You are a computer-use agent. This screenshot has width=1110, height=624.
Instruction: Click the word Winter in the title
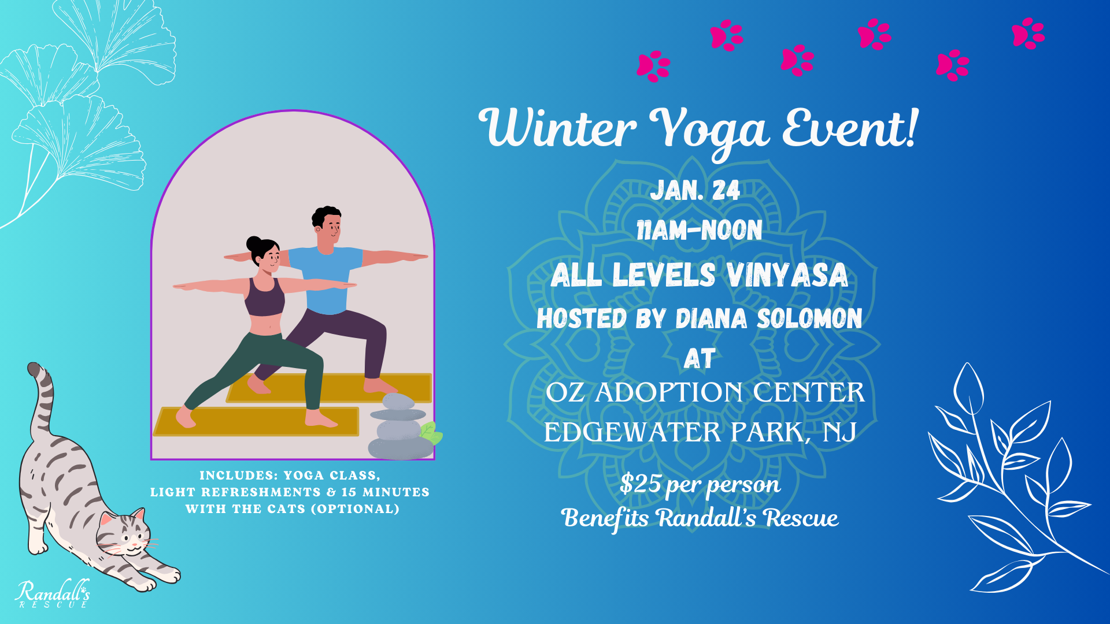coord(558,128)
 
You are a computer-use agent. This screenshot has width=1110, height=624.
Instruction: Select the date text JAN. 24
coord(695,191)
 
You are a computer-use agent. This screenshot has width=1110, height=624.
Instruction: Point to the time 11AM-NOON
coord(699,231)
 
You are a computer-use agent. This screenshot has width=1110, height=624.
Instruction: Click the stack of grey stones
coord(399,428)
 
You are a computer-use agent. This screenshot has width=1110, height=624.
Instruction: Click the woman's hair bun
coord(254,243)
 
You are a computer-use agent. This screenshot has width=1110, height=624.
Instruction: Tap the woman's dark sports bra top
coord(264,298)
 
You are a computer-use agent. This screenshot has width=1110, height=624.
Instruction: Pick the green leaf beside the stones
coord(430,432)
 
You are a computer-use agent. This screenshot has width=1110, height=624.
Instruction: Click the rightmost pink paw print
coord(1028,33)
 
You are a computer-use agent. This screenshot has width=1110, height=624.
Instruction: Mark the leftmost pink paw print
coord(653,66)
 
